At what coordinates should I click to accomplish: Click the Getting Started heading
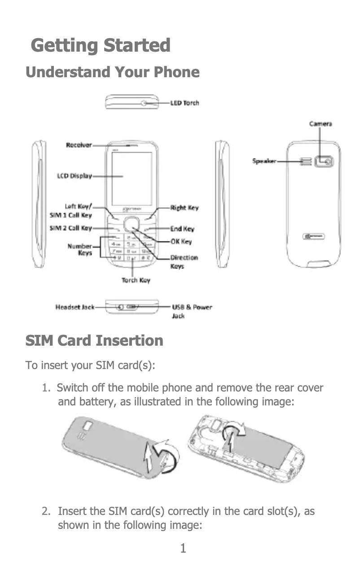101,46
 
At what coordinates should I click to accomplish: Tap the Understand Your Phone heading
112,72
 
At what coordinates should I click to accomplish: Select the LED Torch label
184,103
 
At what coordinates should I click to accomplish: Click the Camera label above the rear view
320,123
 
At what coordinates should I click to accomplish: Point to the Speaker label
263,161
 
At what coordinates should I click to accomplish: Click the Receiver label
79,145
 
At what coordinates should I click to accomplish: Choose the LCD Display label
74,176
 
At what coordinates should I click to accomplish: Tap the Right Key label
184,208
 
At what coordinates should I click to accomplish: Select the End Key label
182,229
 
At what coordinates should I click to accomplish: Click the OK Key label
181,242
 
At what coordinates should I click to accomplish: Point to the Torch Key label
136,281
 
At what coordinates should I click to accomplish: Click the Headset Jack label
75,307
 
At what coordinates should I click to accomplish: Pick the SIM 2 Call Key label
70,228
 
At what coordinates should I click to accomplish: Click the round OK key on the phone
131,224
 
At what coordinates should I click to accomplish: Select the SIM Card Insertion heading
94,341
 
